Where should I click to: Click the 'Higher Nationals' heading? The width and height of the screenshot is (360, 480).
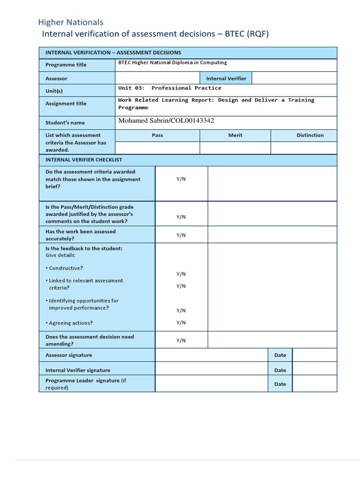(70, 22)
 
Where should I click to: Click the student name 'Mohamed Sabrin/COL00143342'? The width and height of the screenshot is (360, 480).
(166, 121)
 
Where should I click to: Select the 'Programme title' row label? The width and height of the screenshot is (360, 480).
(66, 65)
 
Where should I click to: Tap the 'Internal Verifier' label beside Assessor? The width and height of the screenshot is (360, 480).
(226, 78)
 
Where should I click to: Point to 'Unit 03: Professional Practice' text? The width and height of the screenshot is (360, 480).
(170, 88)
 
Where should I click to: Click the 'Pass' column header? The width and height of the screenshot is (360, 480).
(157, 135)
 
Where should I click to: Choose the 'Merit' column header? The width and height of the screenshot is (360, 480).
(235, 135)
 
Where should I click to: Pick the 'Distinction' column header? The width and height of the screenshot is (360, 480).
(310, 135)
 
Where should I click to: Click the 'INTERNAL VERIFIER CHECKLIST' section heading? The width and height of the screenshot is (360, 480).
(83, 160)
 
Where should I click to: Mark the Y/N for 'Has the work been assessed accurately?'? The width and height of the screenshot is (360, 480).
(181, 235)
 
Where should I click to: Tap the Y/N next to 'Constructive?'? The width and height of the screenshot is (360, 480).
(181, 274)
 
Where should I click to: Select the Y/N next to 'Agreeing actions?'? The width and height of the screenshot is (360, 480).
(181, 322)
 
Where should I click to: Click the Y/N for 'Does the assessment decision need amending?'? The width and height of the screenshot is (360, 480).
(181, 340)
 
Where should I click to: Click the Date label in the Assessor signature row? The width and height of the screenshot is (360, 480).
(280, 355)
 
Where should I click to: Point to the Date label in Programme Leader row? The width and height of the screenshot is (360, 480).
(280, 384)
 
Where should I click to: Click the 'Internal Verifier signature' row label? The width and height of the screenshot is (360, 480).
(78, 370)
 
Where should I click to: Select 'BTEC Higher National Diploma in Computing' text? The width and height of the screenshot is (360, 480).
(172, 62)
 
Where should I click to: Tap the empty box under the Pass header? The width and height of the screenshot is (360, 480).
(157, 148)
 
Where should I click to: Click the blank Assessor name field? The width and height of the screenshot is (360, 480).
(157, 78)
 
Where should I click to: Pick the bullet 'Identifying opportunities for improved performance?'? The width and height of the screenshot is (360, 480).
(82, 304)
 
